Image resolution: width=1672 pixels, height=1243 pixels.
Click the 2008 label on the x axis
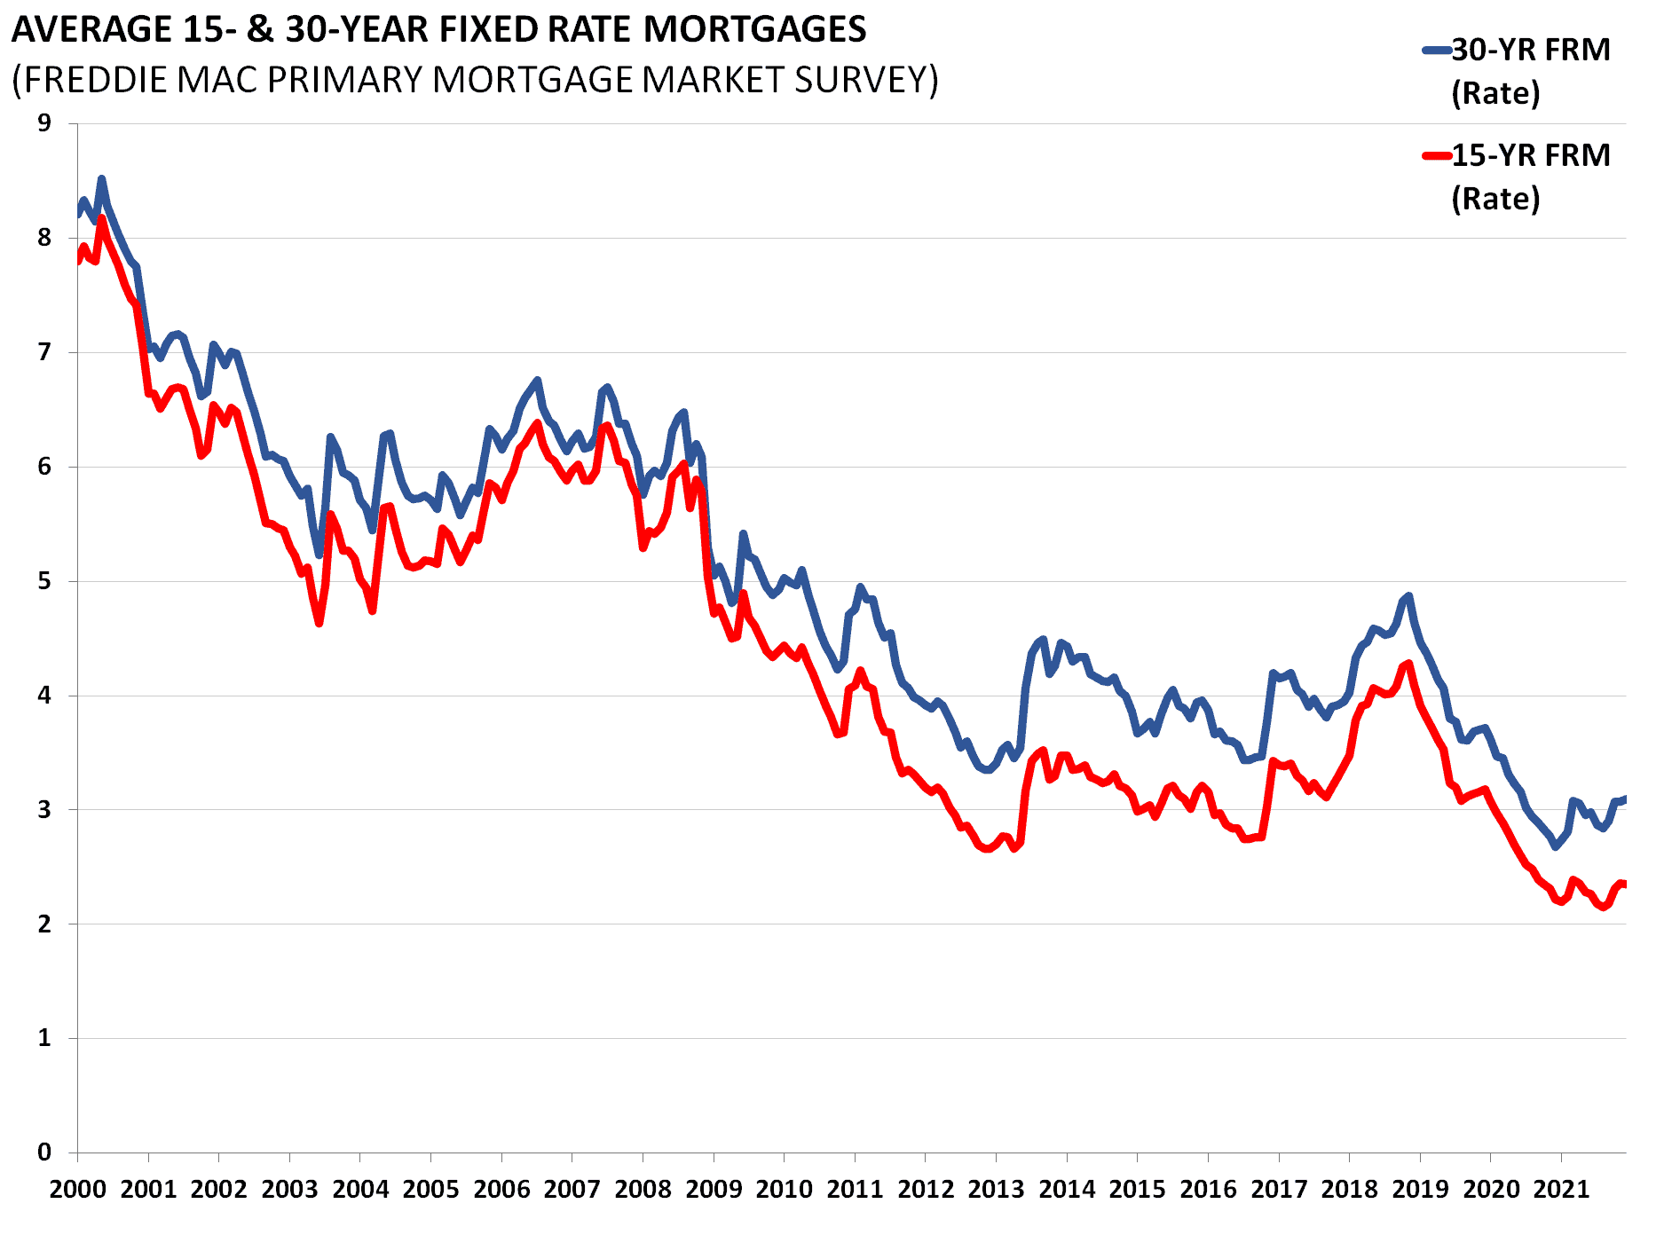643,1189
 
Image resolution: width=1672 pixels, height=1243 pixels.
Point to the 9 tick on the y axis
44,123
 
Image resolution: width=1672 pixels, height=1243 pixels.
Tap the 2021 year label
1561,1189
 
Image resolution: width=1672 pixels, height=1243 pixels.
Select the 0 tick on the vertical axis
44,1153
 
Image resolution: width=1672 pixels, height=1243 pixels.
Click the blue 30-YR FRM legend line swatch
1437,51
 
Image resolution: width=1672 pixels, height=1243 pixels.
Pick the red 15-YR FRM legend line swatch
1437,156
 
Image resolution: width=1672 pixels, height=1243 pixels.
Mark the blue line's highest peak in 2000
101,179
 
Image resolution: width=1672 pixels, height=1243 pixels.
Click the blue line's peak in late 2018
1408,596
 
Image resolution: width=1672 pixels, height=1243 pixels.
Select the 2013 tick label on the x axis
996,1189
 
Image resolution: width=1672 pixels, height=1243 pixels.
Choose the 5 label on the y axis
44,581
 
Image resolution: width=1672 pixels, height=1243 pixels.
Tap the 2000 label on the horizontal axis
77,1189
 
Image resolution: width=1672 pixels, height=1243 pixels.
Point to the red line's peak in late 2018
1408,664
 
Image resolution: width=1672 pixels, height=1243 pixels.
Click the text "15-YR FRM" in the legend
1531,156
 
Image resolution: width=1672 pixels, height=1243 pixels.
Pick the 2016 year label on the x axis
1208,1189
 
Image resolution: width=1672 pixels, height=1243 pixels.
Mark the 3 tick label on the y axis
44,810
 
